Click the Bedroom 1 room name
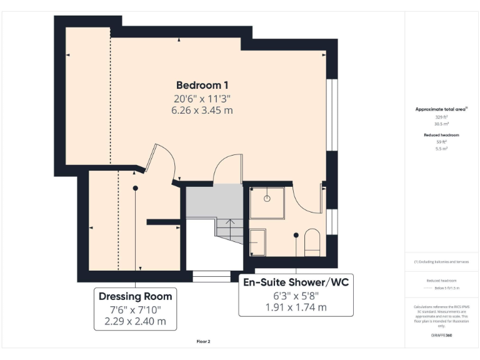(202, 85)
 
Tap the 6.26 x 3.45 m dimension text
(202, 111)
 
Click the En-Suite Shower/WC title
(296, 282)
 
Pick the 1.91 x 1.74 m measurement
(296, 307)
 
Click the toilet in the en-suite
(312, 242)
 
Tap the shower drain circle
(267, 198)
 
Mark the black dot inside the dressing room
(135, 187)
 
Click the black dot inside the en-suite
(296, 235)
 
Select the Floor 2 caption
(203, 342)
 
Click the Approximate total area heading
(441, 109)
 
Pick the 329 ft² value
(441, 117)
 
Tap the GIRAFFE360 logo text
(441, 336)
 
